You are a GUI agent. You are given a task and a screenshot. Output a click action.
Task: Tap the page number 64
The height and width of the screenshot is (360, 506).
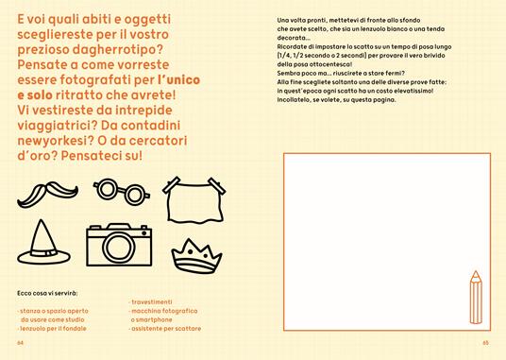(21, 343)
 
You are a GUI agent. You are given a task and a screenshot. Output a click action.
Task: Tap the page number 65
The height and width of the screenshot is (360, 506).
(485, 343)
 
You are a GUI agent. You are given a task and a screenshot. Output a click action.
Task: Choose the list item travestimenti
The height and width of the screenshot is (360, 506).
(151, 301)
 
